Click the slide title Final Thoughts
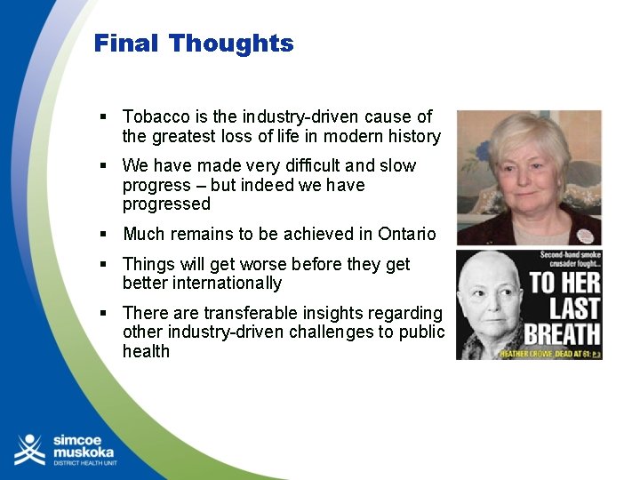click(x=194, y=44)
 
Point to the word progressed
click(x=166, y=204)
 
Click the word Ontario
click(x=406, y=235)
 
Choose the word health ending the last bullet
click(x=146, y=352)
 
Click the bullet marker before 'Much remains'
click(x=104, y=235)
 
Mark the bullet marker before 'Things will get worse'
click(x=104, y=264)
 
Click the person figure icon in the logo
click(x=29, y=450)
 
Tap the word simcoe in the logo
click(x=79, y=441)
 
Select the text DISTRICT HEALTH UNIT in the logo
click(x=84, y=464)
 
